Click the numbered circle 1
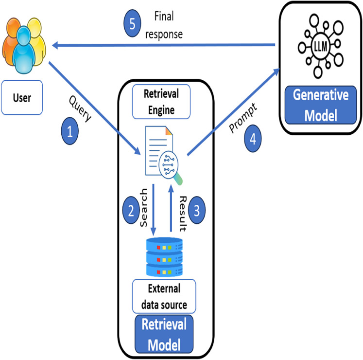[x=70, y=132]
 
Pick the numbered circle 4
[x=252, y=138]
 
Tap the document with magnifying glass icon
[x=162, y=153]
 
